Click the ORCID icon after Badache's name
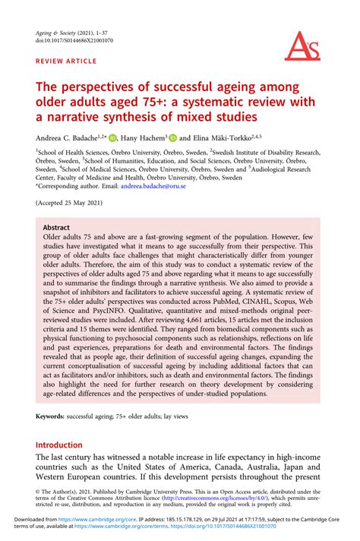112,138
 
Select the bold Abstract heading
56,227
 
